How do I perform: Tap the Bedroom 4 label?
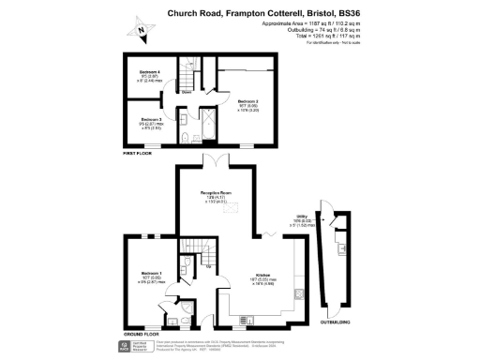click(150, 72)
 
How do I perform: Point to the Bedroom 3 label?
click(151, 119)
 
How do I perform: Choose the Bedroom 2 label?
click(247, 100)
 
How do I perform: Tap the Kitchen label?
click(262, 275)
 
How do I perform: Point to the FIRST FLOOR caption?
click(140, 152)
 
